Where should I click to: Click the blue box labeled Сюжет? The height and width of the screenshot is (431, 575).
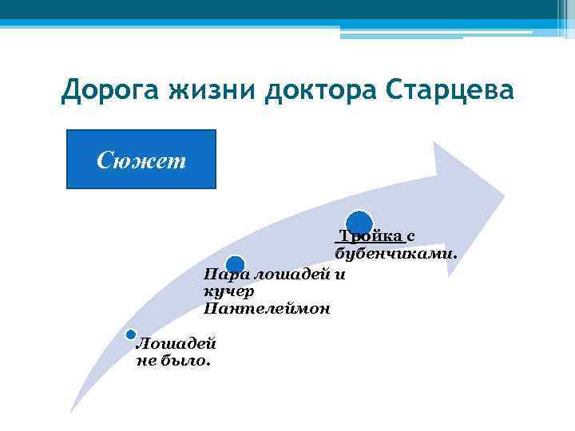click(x=141, y=160)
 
